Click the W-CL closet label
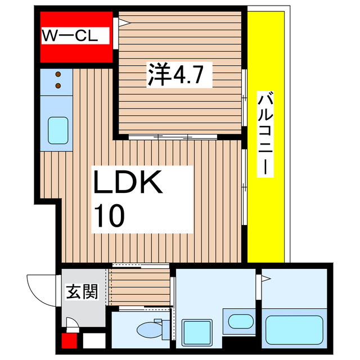tap(70, 38)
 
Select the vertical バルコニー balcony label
tap(265, 134)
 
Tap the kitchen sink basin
tap(57, 130)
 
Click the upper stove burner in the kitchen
tap(58, 74)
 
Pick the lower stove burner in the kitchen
tap(58, 85)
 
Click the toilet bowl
tap(147, 330)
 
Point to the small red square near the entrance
tap(69, 341)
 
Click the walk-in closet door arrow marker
tap(121, 23)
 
